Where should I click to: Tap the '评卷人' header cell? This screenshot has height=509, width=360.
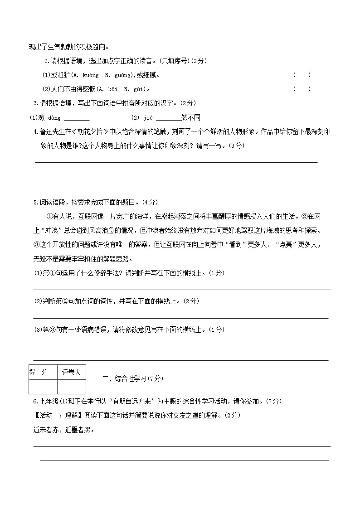pyautogui.click(x=71, y=373)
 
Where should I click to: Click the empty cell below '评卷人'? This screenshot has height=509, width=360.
pyautogui.click(x=71, y=387)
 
